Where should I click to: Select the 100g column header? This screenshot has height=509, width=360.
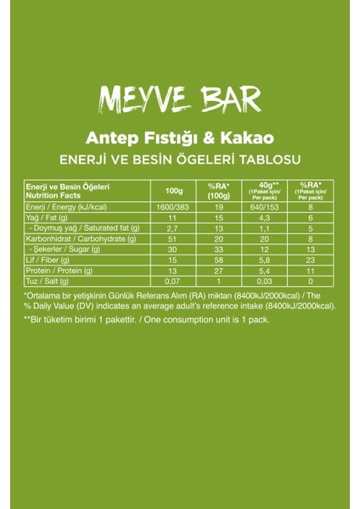(x=175, y=190)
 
